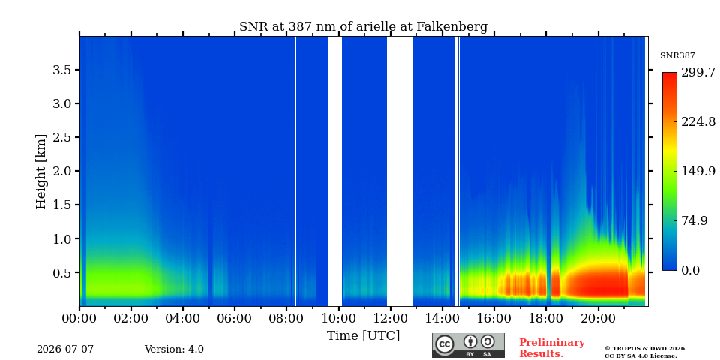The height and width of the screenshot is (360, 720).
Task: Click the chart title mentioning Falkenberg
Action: pos(363,27)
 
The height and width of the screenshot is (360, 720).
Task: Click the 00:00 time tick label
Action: pos(80,317)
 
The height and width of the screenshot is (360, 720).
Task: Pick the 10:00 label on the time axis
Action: pos(339,317)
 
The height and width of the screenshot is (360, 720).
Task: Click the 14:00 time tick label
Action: pos(442,317)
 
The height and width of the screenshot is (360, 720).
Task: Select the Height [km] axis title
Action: pos(41,172)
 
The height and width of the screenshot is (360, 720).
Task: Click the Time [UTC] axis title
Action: pos(363,336)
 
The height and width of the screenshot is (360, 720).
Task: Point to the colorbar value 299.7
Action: pos(698,73)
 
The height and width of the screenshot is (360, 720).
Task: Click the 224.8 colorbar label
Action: pos(698,121)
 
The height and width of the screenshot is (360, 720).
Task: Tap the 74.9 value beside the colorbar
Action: pos(694,220)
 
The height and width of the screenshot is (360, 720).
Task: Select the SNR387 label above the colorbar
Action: pos(677,56)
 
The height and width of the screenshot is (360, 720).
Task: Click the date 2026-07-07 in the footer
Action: pos(65,349)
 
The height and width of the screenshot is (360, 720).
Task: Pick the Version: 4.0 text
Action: pos(174,349)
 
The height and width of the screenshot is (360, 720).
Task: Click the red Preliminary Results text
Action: pos(552,348)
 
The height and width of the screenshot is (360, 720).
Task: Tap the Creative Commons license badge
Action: pos(468,345)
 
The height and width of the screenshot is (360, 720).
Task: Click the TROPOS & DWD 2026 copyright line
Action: pos(646,349)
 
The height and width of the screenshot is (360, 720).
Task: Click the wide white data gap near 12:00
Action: pos(400,171)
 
